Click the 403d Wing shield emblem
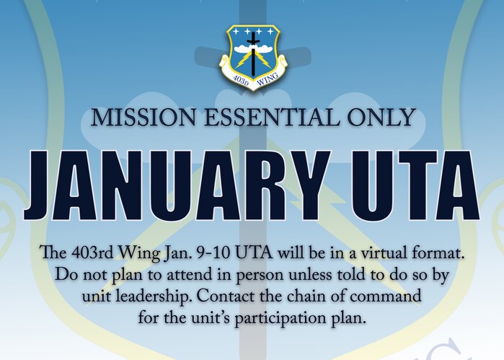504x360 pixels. [253, 58]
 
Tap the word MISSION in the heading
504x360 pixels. [143, 118]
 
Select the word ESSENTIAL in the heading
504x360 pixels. [272, 118]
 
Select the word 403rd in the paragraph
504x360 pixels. [92, 253]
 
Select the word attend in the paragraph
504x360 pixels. [181, 274]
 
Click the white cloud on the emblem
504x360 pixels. [253, 49]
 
